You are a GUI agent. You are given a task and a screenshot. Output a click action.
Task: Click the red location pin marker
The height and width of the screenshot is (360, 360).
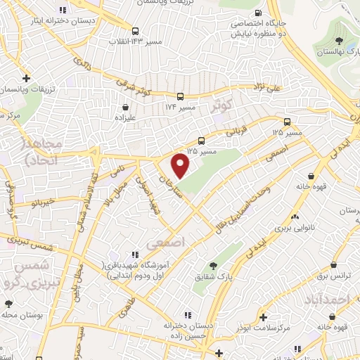pyautogui.click(x=181, y=165)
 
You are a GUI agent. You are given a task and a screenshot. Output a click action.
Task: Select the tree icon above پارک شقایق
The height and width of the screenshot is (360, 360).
pyautogui.click(x=213, y=266)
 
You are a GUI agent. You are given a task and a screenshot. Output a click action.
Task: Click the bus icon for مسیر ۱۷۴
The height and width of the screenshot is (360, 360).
pyautogui.click(x=181, y=96)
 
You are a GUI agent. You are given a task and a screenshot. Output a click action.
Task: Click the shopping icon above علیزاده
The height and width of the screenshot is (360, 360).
pyautogui.click(x=125, y=108)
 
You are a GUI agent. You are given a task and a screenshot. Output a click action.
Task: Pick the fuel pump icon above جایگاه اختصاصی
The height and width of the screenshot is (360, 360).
pyautogui.click(x=259, y=13)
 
